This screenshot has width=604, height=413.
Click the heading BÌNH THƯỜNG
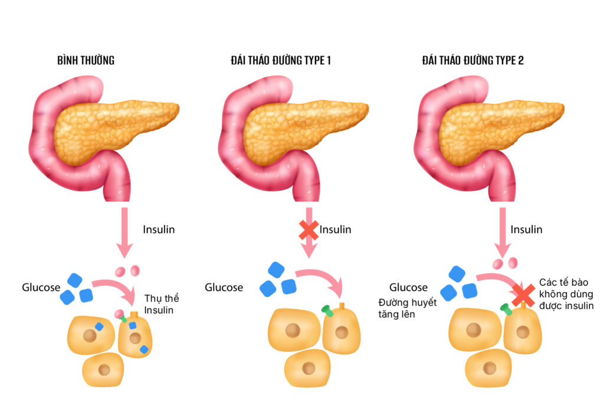coord(86,60)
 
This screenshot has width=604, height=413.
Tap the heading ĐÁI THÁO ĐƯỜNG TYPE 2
coord(472,60)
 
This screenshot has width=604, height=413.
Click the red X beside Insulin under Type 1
coord(308,230)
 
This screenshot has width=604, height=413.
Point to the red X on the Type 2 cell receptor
coord(523,295)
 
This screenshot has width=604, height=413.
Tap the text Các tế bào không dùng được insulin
coord(566,294)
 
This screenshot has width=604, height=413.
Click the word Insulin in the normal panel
coord(159,230)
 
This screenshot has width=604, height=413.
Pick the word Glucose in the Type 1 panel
coord(224,288)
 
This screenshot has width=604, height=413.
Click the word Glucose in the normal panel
coord(41,288)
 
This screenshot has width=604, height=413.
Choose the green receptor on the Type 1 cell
coord(326,310)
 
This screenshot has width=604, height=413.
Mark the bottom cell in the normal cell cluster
coord(104,369)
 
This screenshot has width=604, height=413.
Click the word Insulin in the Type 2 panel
coord(526,230)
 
